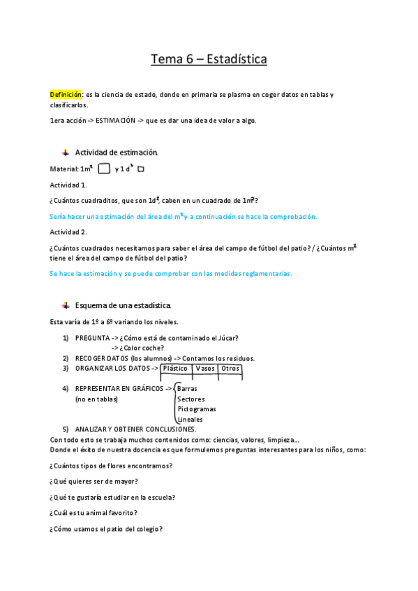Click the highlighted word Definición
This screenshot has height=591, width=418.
(x=66, y=94)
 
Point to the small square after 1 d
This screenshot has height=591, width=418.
(x=140, y=169)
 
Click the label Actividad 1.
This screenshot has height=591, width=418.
(x=68, y=185)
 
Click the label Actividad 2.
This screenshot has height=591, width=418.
(x=68, y=231)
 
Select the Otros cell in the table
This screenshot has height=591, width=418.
(x=230, y=369)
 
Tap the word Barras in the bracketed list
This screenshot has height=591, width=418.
(x=187, y=389)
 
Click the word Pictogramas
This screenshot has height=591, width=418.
(x=197, y=409)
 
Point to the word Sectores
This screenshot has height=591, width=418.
(x=191, y=399)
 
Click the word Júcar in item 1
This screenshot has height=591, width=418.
(x=229, y=338)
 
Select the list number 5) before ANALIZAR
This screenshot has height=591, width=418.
(x=66, y=429)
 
